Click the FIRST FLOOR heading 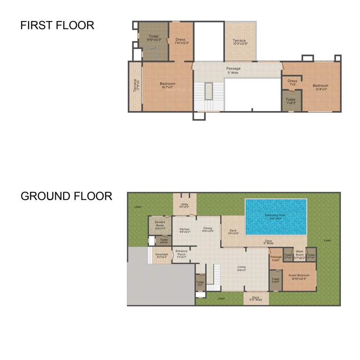pyautogui.click(x=57, y=25)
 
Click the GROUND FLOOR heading pyautogui.click(x=66, y=196)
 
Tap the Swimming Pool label pyautogui.click(x=276, y=217)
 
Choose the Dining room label pyautogui.click(x=208, y=230)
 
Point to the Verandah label pyautogui.click(x=161, y=255)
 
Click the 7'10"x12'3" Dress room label pyautogui.click(x=180, y=41)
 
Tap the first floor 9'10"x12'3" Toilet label pyautogui.click(x=154, y=38)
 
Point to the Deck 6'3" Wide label pyautogui.click(x=256, y=298)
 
